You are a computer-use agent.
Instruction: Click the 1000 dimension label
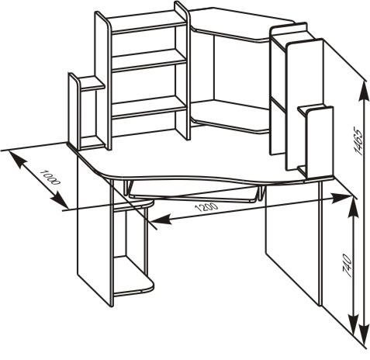point(50,178)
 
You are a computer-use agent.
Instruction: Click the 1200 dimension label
point(206,207)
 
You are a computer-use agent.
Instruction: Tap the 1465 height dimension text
point(358,140)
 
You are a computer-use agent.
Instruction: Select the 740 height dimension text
point(347,265)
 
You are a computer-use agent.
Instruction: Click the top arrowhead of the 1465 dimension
point(365,91)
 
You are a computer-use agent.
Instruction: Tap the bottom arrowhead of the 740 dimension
point(354,324)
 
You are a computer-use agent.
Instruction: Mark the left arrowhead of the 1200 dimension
point(161,220)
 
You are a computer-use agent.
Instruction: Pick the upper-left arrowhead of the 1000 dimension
point(18,159)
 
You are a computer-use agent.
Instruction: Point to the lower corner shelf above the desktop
point(230,116)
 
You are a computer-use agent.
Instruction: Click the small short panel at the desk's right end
point(320,143)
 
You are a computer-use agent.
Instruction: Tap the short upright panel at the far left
point(75,111)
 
